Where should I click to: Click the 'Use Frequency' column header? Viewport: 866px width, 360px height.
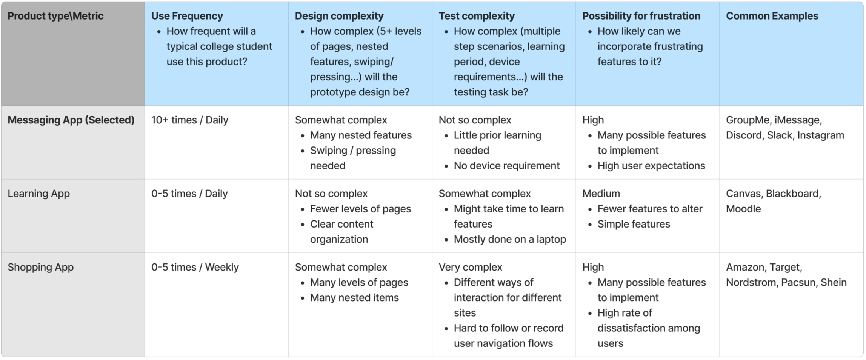(187, 16)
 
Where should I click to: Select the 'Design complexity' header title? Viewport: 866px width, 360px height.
(339, 16)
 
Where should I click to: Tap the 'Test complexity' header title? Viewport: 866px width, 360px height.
(476, 16)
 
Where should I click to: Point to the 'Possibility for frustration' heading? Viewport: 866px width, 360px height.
(641, 16)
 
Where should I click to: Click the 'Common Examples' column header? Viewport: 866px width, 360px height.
(772, 16)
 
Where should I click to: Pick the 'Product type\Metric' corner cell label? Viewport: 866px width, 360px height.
(55, 16)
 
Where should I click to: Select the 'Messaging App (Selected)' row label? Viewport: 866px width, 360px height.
(71, 120)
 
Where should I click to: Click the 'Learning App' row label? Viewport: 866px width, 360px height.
(38, 194)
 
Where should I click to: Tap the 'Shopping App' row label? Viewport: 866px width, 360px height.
(40, 267)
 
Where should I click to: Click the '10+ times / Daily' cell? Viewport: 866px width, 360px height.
(189, 120)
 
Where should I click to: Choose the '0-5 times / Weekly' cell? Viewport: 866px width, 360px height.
(195, 267)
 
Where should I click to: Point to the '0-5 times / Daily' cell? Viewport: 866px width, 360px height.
(189, 194)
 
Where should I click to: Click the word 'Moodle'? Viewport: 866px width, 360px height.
(743, 209)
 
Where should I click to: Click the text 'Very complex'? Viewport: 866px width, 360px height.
(470, 267)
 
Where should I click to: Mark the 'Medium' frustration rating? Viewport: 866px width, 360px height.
(601, 194)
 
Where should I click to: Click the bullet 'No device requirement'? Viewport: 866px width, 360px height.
(506, 166)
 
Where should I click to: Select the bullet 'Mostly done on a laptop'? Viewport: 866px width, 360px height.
(509, 239)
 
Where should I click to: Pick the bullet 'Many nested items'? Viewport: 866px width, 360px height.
(354, 298)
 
